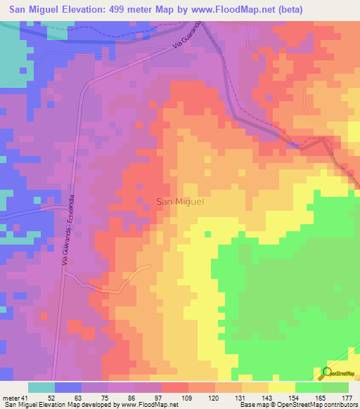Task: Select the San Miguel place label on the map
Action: coord(179,202)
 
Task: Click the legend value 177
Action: coord(347,398)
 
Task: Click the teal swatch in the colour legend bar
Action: coord(41,388)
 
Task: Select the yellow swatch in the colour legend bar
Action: coord(282,388)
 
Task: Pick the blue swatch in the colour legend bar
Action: coord(68,388)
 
